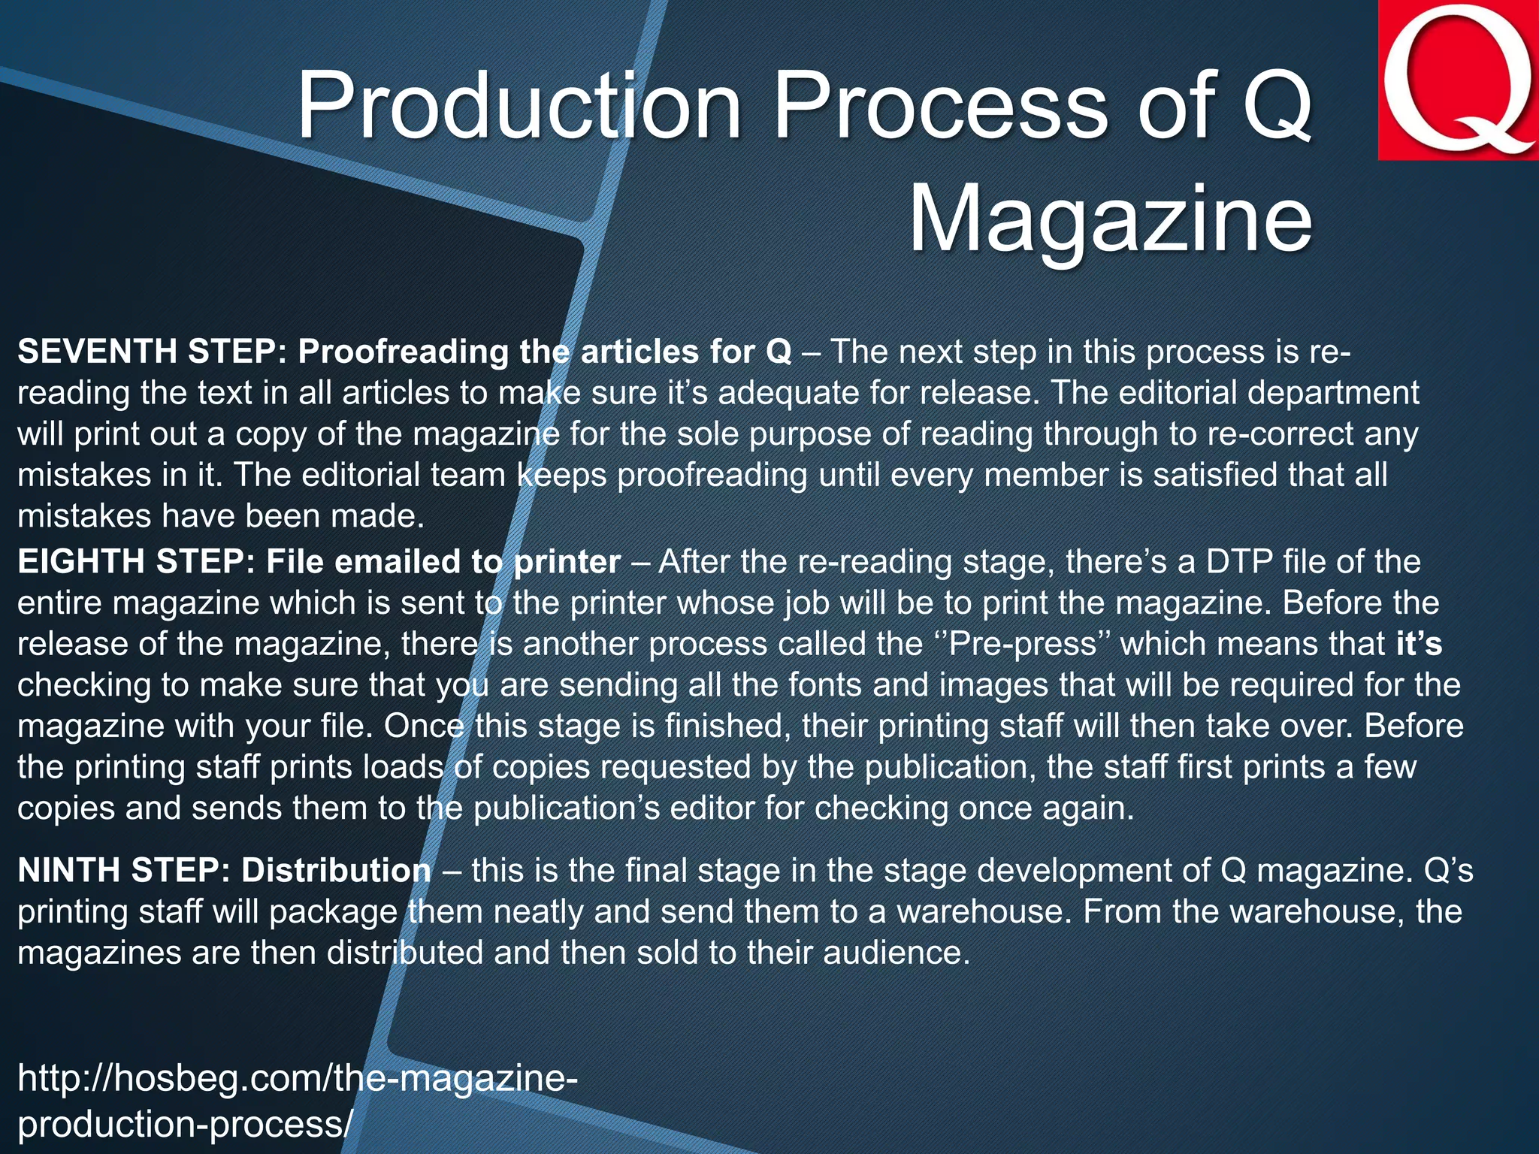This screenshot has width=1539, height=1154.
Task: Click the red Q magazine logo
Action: tap(1458, 80)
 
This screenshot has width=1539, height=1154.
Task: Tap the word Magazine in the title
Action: tap(1111, 219)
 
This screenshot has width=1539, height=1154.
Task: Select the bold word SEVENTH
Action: tap(97, 352)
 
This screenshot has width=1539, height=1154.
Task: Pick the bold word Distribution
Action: tap(336, 870)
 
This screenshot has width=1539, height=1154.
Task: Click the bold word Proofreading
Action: tap(403, 352)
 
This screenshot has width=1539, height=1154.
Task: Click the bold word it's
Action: tap(1419, 644)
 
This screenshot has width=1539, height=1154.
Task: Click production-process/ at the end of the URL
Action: tap(185, 1124)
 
